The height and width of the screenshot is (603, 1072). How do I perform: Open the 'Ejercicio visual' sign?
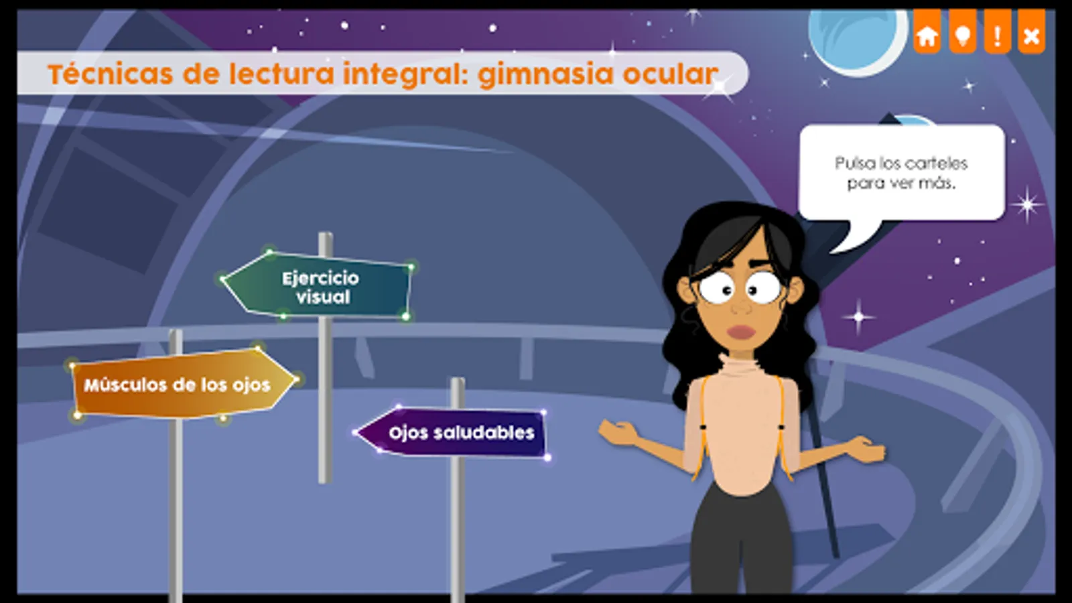318,285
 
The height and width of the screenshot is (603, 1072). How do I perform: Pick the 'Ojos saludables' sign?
453,433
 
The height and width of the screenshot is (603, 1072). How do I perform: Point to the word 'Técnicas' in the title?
111,74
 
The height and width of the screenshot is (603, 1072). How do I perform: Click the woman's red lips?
741,332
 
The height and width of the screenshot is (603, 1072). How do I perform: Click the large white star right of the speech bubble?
1027,205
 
